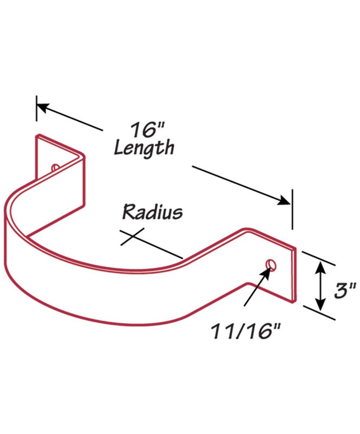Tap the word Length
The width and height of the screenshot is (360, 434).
pos(144,149)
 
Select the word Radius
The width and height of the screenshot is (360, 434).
pos(153,212)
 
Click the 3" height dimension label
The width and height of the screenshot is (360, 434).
pos(345,290)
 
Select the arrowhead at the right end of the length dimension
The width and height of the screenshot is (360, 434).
pos(284,200)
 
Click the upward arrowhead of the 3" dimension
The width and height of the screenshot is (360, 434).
pos(321,268)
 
